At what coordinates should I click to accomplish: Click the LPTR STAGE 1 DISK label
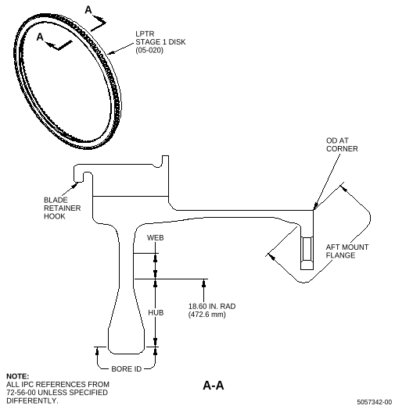160,37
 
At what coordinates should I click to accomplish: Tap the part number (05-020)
149,50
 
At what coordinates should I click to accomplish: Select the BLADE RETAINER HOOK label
63,208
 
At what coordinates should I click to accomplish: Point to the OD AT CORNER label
342,144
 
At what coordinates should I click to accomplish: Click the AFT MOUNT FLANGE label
347,251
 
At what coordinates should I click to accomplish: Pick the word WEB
156,237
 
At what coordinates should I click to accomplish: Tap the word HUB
156,312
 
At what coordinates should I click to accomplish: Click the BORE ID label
126,369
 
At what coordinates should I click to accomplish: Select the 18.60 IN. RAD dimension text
212,306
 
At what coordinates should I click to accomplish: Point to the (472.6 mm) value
206,315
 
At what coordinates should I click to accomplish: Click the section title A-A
214,386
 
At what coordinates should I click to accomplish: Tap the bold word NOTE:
17,376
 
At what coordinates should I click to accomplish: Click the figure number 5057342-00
375,402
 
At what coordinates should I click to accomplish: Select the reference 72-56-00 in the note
21,393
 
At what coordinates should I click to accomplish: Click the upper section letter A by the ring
88,10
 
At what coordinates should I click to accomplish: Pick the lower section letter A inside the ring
40,37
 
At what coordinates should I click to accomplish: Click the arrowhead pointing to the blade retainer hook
75,185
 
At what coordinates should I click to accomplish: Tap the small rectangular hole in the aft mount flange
307,248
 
